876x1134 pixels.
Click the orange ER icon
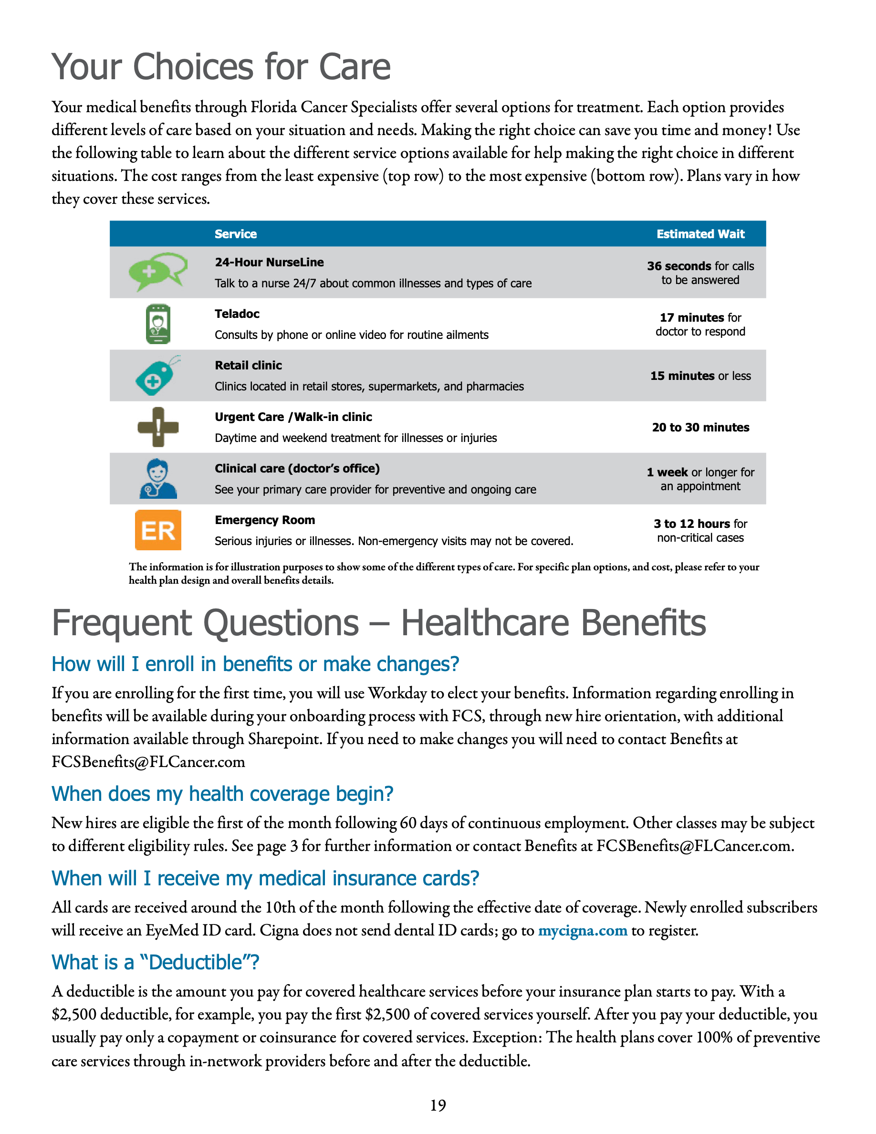coord(158,530)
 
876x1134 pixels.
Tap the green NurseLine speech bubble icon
coord(157,271)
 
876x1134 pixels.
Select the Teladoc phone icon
coord(158,324)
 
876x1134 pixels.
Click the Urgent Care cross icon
coord(158,427)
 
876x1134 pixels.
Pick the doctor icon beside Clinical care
coord(158,478)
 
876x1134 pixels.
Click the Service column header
coord(236,234)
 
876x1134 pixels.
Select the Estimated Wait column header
coord(700,234)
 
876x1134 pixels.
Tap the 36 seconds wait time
coord(679,266)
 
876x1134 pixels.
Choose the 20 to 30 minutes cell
coord(700,427)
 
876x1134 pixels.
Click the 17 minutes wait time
coord(692,317)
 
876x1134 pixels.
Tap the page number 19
coord(438,1105)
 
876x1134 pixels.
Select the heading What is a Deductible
coord(155,962)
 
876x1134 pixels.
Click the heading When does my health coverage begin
coord(222,794)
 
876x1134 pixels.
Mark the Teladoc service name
coord(237,314)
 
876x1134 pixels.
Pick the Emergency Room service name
coord(265,520)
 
